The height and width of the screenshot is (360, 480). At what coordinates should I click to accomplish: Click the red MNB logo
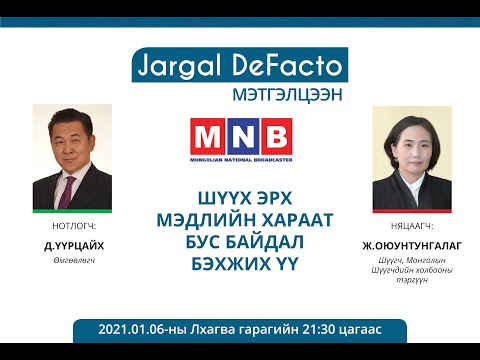tap(240, 135)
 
